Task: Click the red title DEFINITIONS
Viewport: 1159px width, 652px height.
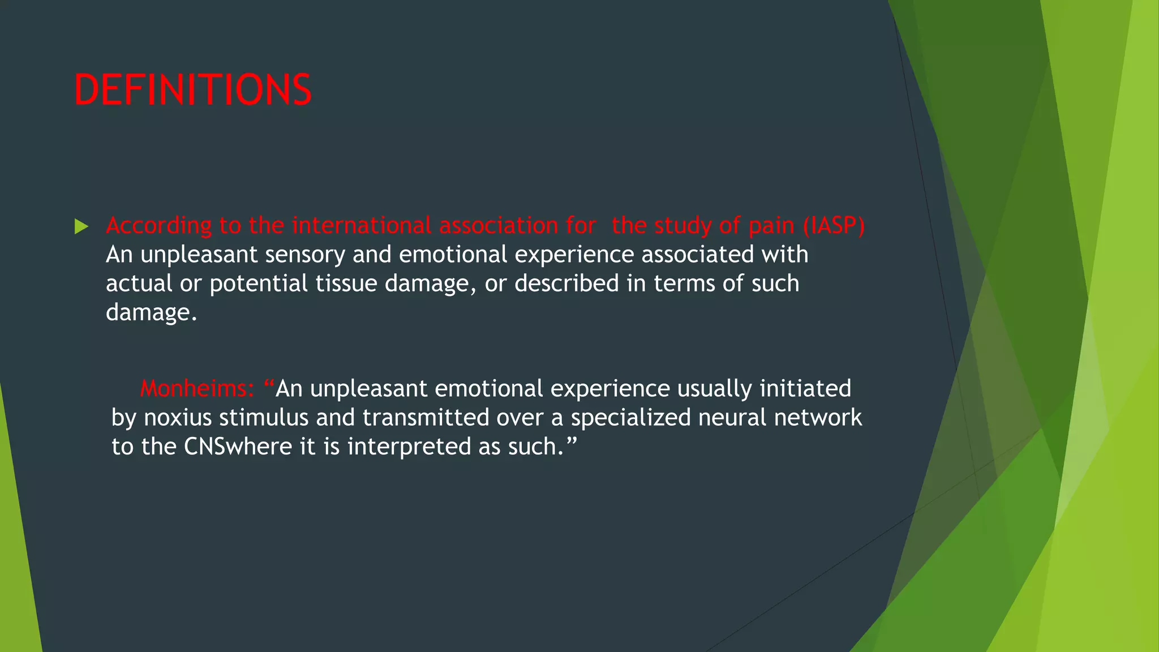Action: (x=192, y=90)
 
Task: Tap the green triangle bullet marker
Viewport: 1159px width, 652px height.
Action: (x=81, y=227)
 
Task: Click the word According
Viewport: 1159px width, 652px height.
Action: (x=158, y=226)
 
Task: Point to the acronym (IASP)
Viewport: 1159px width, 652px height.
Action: (x=834, y=225)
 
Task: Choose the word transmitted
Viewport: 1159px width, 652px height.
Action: (x=426, y=418)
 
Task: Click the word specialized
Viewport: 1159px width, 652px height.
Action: (x=630, y=418)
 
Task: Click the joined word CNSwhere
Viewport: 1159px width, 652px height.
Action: (x=238, y=447)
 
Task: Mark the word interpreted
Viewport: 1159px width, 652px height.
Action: (x=409, y=447)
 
